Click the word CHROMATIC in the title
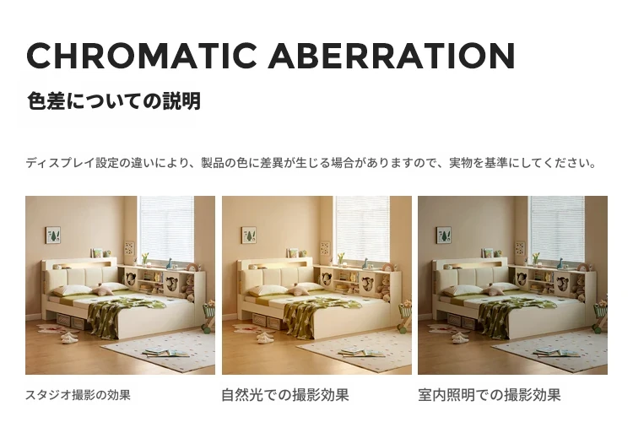pos(141,55)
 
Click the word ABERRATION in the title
pos(391,55)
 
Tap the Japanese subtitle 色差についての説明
pos(114,101)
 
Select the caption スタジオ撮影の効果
pos(78,395)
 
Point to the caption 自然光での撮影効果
pos(285,395)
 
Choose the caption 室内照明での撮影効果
pos(490,395)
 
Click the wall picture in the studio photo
pos(53,235)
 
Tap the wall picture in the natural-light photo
pos(249,235)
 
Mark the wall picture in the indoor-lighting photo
pos(444,235)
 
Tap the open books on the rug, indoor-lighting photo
pos(559,352)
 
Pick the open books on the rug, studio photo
pos(167,352)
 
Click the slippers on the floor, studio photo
pos(69,338)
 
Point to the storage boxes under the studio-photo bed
pos(70,321)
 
